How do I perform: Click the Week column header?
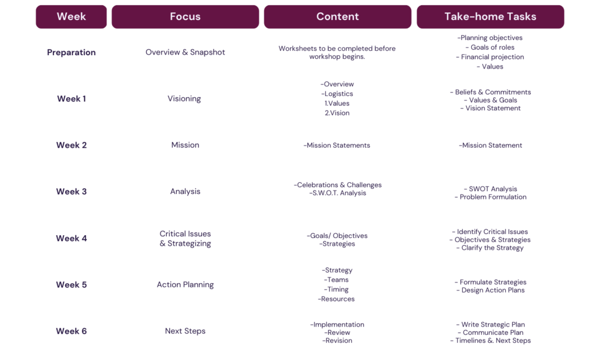pyautogui.click(x=71, y=17)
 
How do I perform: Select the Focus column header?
pyautogui.click(x=185, y=17)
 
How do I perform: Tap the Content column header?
pyautogui.click(x=337, y=17)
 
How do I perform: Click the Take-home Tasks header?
pyautogui.click(x=490, y=17)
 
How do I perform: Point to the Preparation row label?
pyautogui.click(x=71, y=52)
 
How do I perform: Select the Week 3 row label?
pyautogui.click(x=71, y=192)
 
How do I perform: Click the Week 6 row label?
pyautogui.click(x=71, y=331)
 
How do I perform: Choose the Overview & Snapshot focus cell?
pyautogui.click(x=185, y=52)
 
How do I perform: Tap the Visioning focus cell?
pyautogui.click(x=184, y=99)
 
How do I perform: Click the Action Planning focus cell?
pyautogui.click(x=185, y=284)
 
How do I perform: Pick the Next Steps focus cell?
pyautogui.click(x=185, y=331)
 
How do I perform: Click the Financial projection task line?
pyautogui.click(x=490, y=57)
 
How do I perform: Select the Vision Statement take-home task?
pyautogui.click(x=490, y=108)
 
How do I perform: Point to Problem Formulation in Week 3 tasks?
pyautogui.click(x=490, y=197)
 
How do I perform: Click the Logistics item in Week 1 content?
pyautogui.click(x=337, y=94)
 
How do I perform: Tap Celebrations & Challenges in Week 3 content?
pyautogui.click(x=337, y=185)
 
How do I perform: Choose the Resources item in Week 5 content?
pyautogui.click(x=336, y=299)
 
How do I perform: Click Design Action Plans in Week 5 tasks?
pyautogui.click(x=490, y=290)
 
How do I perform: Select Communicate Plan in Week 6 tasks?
pyautogui.click(x=490, y=333)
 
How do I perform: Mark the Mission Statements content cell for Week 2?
pyautogui.click(x=337, y=145)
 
